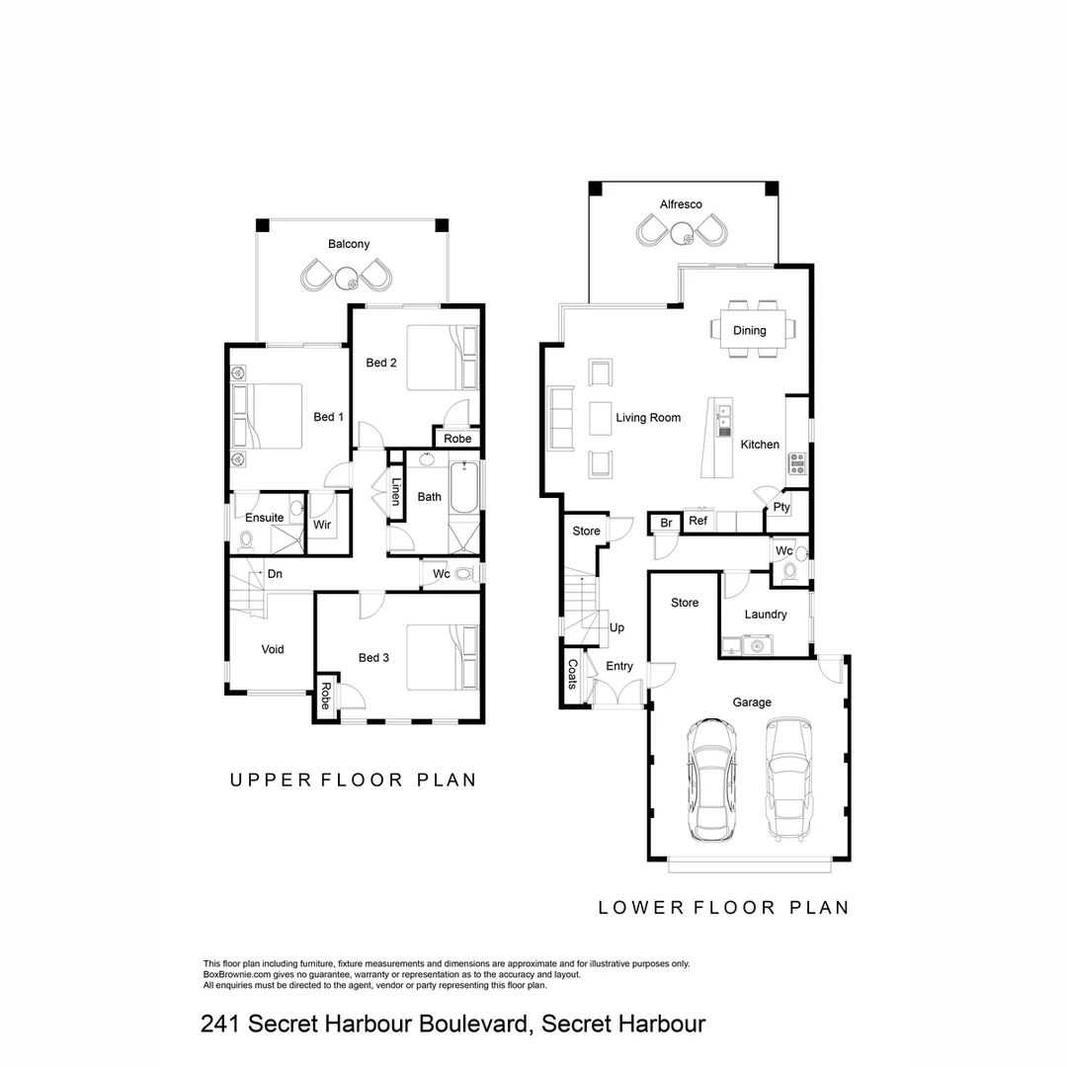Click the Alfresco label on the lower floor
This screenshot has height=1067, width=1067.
click(x=681, y=205)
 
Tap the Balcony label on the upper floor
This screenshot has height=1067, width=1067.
click(x=349, y=244)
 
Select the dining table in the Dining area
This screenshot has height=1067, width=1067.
click(x=749, y=329)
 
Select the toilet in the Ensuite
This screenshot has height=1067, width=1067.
click(x=247, y=538)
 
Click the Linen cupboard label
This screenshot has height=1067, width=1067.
click(x=395, y=491)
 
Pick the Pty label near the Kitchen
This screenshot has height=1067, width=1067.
click(x=781, y=508)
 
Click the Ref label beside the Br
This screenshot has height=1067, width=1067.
click(x=698, y=521)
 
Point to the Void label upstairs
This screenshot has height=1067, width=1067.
click(x=273, y=649)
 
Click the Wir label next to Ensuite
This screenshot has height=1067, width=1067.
click(x=322, y=525)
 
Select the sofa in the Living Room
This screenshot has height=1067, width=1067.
click(x=561, y=419)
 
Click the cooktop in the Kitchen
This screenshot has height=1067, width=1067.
click(x=797, y=463)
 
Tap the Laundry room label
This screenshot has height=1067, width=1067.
click(x=766, y=615)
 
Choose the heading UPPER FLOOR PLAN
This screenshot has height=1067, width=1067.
click(x=353, y=780)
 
